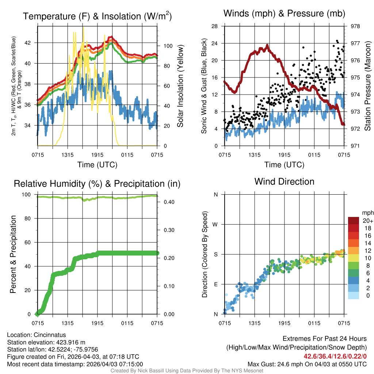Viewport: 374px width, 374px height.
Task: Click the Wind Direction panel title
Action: pos(284,182)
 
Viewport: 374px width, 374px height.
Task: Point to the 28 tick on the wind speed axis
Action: pos(215,26)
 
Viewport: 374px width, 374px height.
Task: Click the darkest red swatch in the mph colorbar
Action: pos(354,221)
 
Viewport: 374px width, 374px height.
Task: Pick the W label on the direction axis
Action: pos(215,224)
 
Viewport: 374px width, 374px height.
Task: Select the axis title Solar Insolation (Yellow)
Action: pos(180,86)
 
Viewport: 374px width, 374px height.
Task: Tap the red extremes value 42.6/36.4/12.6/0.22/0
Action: pos(335,356)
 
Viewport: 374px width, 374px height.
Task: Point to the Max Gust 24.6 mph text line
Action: pos(307,364)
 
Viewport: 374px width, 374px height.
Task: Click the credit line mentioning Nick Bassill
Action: pos(187,370)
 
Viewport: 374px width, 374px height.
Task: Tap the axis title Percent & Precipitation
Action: pos(13,254)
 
